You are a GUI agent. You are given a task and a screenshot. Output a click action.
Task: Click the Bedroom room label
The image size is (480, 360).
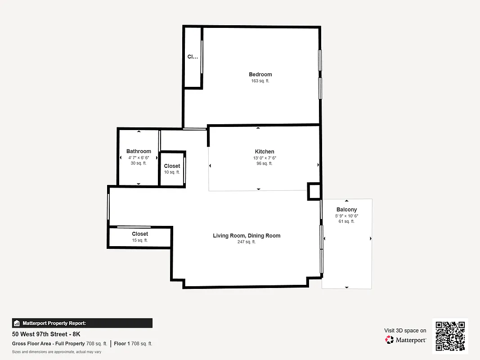pos(260,74)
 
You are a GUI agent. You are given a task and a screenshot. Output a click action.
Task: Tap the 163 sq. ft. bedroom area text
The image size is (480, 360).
pos(260,81)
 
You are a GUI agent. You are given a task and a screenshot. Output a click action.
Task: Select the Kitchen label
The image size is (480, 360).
pos(264,152)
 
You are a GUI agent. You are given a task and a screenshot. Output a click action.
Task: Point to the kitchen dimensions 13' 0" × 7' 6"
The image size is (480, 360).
pos(264,158)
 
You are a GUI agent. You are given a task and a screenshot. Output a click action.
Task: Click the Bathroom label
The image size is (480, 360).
pos(139,151)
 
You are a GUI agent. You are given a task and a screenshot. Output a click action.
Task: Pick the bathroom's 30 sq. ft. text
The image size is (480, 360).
pos(139,163)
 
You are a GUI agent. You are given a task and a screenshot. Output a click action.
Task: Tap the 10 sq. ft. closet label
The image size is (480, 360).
pos(172,172)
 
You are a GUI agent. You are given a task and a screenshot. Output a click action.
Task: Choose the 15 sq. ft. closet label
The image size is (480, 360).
pos(140,240)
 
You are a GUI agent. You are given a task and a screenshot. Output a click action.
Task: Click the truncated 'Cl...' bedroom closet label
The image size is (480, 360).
pos(193,57)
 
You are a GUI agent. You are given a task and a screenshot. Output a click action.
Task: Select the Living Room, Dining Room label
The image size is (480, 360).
pos(247,235)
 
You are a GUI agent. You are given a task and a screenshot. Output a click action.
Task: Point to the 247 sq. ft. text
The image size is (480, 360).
pos(247,242)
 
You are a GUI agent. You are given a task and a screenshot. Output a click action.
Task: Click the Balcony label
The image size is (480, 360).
pos(346,210)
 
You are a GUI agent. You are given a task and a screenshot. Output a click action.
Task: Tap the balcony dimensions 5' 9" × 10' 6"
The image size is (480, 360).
pos(346,216)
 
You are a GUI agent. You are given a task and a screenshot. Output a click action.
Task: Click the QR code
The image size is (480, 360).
pos(450,336)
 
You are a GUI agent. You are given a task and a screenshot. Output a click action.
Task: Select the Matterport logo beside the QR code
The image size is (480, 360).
pos(406,340)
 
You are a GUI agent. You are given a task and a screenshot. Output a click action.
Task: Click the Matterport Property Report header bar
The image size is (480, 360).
pos(82,323)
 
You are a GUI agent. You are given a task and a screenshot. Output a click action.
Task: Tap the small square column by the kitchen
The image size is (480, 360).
pos(314,191)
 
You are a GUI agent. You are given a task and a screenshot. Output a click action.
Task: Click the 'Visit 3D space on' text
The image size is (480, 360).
pos(405,330)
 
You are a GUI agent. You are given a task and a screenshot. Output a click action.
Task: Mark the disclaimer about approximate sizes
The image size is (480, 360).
pos(56,352)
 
